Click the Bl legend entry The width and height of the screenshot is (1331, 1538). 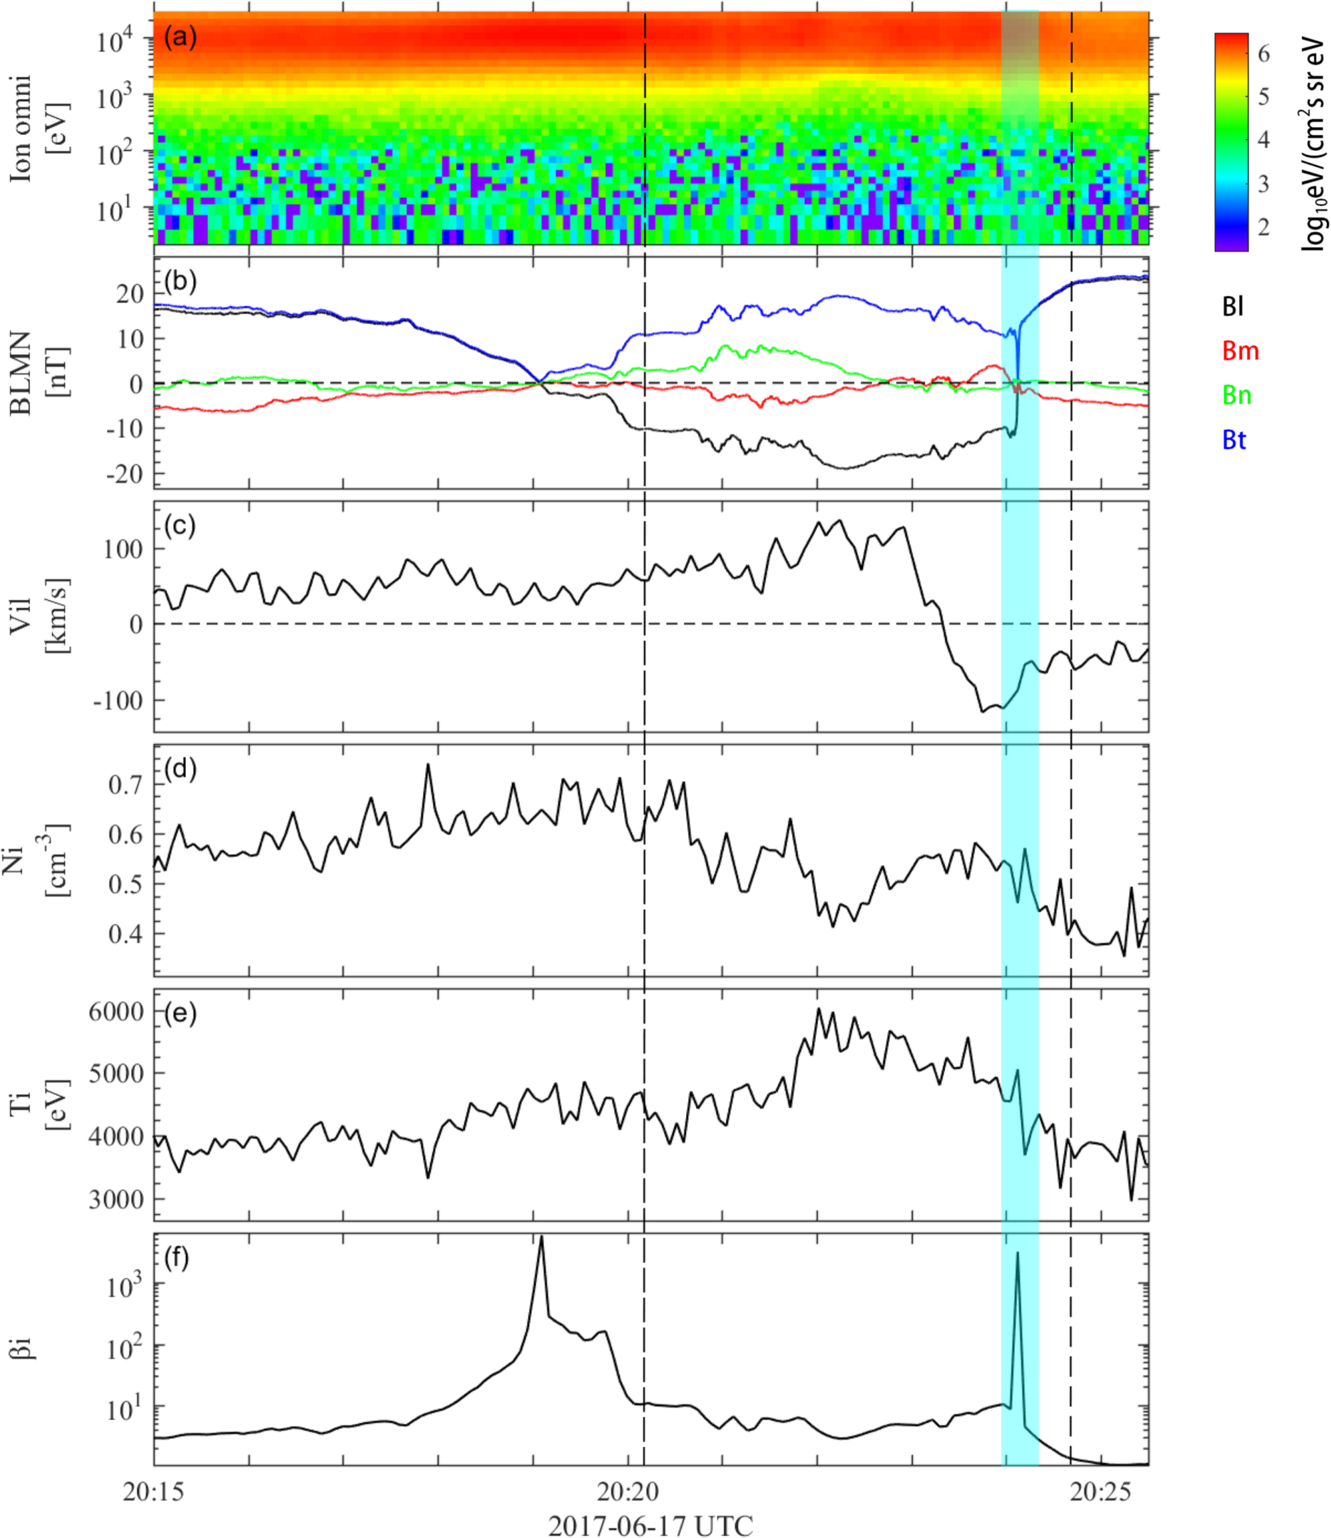click(x=1233, y=307)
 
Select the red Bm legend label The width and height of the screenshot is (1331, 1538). click(x=1240, y=351)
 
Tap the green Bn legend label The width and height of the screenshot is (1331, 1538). click(x=1237, y=395)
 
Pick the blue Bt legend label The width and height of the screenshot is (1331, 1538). click(x=1235, y=440)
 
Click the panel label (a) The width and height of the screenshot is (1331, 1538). click(x=180, y=37)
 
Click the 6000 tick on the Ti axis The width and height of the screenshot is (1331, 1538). click(x=117, y=1012)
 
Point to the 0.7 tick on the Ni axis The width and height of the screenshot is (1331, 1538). click(x=126, y=784)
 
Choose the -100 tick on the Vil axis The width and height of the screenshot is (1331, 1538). click(x=117, y=700)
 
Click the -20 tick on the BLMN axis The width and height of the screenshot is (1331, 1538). click(x=123, y=474)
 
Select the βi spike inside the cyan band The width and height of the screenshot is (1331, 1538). click(x=1018, y=1254)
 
